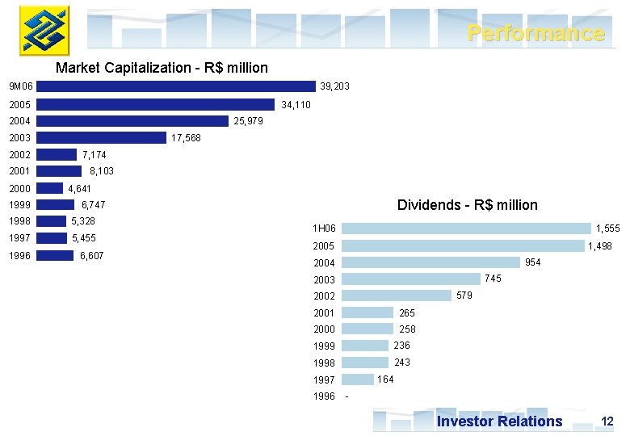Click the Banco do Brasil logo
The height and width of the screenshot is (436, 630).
point(44,29)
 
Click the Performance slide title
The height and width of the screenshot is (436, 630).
point(535,33)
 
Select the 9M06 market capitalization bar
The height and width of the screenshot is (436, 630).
point(176,86)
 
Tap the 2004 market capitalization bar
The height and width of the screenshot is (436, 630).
point(132,121)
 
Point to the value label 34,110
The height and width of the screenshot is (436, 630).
point(296,105)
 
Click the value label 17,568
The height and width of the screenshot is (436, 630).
point(186,138)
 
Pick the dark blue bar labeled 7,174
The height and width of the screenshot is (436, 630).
point(57,154)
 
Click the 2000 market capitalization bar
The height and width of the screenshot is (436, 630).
point(49,188)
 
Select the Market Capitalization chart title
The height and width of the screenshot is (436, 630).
point(162,68)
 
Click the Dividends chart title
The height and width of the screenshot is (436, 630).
point(467,205)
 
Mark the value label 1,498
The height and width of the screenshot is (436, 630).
point(600,246)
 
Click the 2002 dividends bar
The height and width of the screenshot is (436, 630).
point(397,296)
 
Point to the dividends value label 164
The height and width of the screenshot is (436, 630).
point(386,379)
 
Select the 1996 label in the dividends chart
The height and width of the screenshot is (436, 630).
point(324,396)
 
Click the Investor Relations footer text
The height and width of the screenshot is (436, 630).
point(499,421)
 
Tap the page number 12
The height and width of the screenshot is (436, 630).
point(607,421)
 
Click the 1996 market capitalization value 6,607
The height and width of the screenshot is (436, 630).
point(91,256)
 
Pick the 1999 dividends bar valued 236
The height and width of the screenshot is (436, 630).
point(366,346)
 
